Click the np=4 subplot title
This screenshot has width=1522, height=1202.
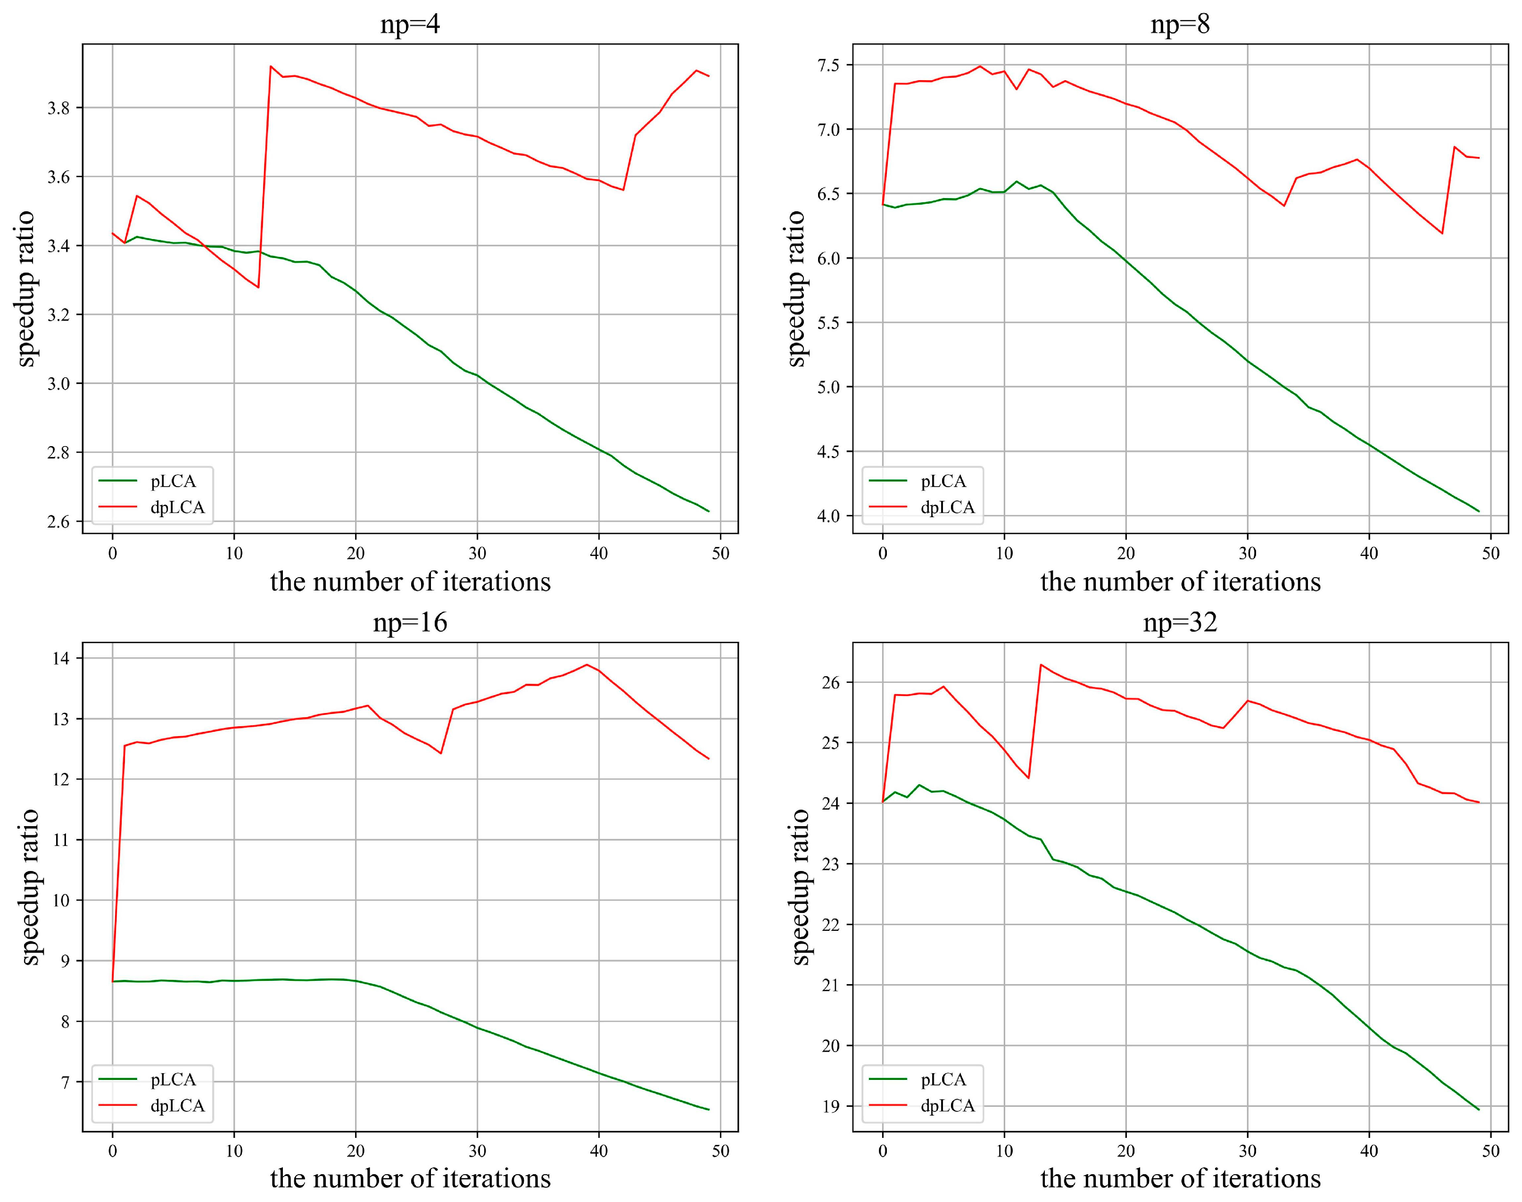tap(410, 25)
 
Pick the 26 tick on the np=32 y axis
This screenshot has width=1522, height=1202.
tap(834, 683)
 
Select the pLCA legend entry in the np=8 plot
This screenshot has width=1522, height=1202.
tap(943, 481)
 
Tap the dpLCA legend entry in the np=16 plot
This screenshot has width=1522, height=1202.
tap(177, 1106)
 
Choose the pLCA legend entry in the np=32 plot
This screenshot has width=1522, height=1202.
tap(943, 1079)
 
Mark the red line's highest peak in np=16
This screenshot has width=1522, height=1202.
tap(586, 664)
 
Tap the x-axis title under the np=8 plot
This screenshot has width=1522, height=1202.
tap(1180, 582)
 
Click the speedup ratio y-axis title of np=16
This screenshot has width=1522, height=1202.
tap(30, 887)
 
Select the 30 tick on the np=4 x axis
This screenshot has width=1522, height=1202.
tap(477, 553)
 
